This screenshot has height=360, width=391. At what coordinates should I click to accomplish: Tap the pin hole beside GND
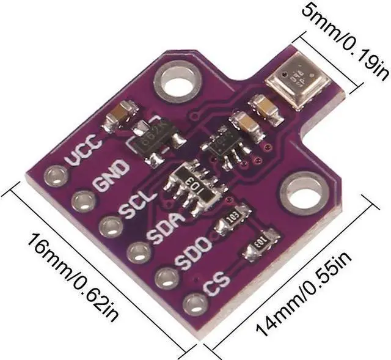click(x=81, y=200)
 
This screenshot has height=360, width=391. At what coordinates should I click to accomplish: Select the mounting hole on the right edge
click(x=301, y=194)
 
